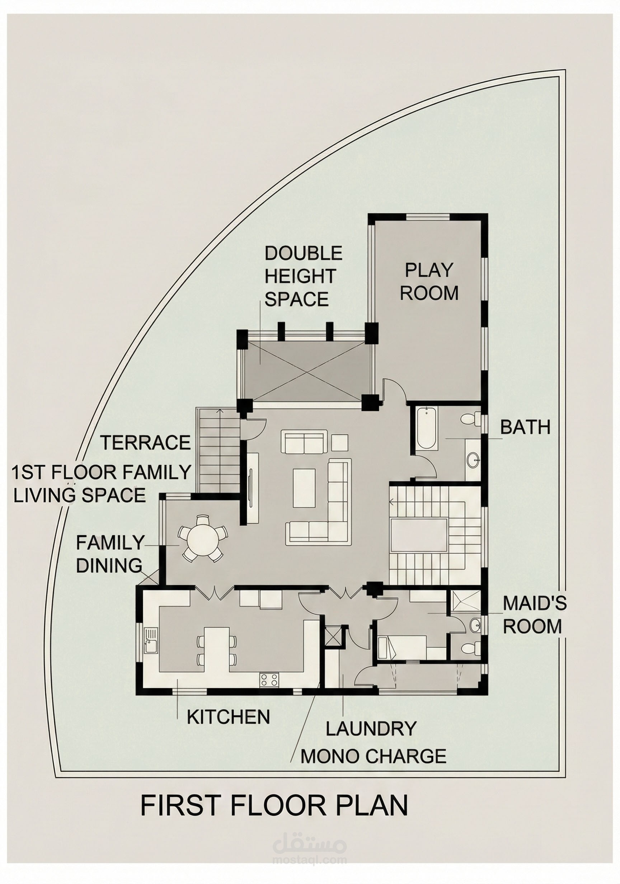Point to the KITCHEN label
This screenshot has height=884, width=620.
228,716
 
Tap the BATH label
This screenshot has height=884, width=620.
525,427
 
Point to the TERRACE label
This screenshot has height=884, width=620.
146,443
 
